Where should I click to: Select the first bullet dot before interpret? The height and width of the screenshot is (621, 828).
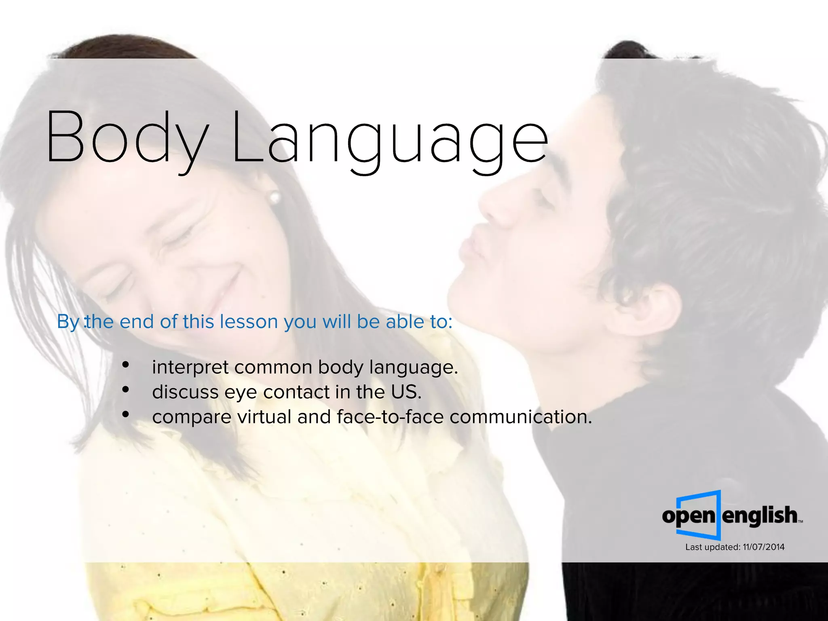tap(126, 365)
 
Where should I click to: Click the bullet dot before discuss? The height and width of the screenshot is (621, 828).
tap(126, 390)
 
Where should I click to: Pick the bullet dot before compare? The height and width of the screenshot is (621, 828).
tap(126, 414)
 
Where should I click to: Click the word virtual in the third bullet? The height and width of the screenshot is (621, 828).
tap(264, 417)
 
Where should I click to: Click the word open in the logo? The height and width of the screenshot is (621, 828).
tap(689, 516)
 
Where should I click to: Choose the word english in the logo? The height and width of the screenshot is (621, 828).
tap(760, 515)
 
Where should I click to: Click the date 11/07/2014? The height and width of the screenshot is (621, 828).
tap(763, 547)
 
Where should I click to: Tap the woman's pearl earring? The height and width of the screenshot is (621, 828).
tap(275, 197)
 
